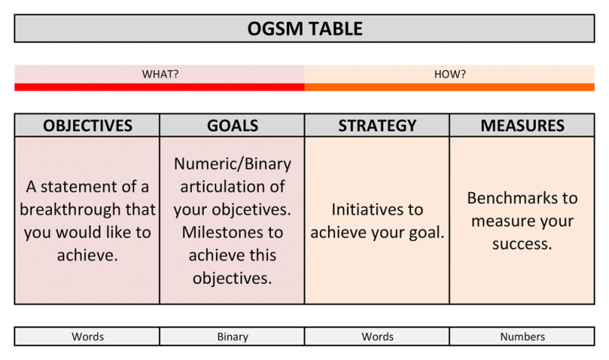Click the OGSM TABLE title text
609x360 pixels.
click(x=305, y=29)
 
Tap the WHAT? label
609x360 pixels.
click(x=160, y=74)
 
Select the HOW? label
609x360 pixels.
click(x=450, y=74)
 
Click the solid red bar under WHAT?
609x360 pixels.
click(x=160, y=87)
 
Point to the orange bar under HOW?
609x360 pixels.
click(x=449, y=87)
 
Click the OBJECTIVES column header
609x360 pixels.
click(x=88, y=126)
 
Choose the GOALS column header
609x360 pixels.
click(x=232, y=126)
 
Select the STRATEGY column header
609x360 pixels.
click(x=377, y=126)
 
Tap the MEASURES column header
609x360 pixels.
click(x=522, y=126)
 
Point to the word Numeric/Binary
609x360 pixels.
click(x=232, y=164)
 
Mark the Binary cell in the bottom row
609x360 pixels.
click(x=232, y=336)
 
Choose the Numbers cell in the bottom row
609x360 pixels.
click(x=522, y=336)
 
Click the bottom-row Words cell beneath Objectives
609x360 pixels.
click(x=87, y=336)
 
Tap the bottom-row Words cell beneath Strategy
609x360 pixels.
click(x=377, y=336)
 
